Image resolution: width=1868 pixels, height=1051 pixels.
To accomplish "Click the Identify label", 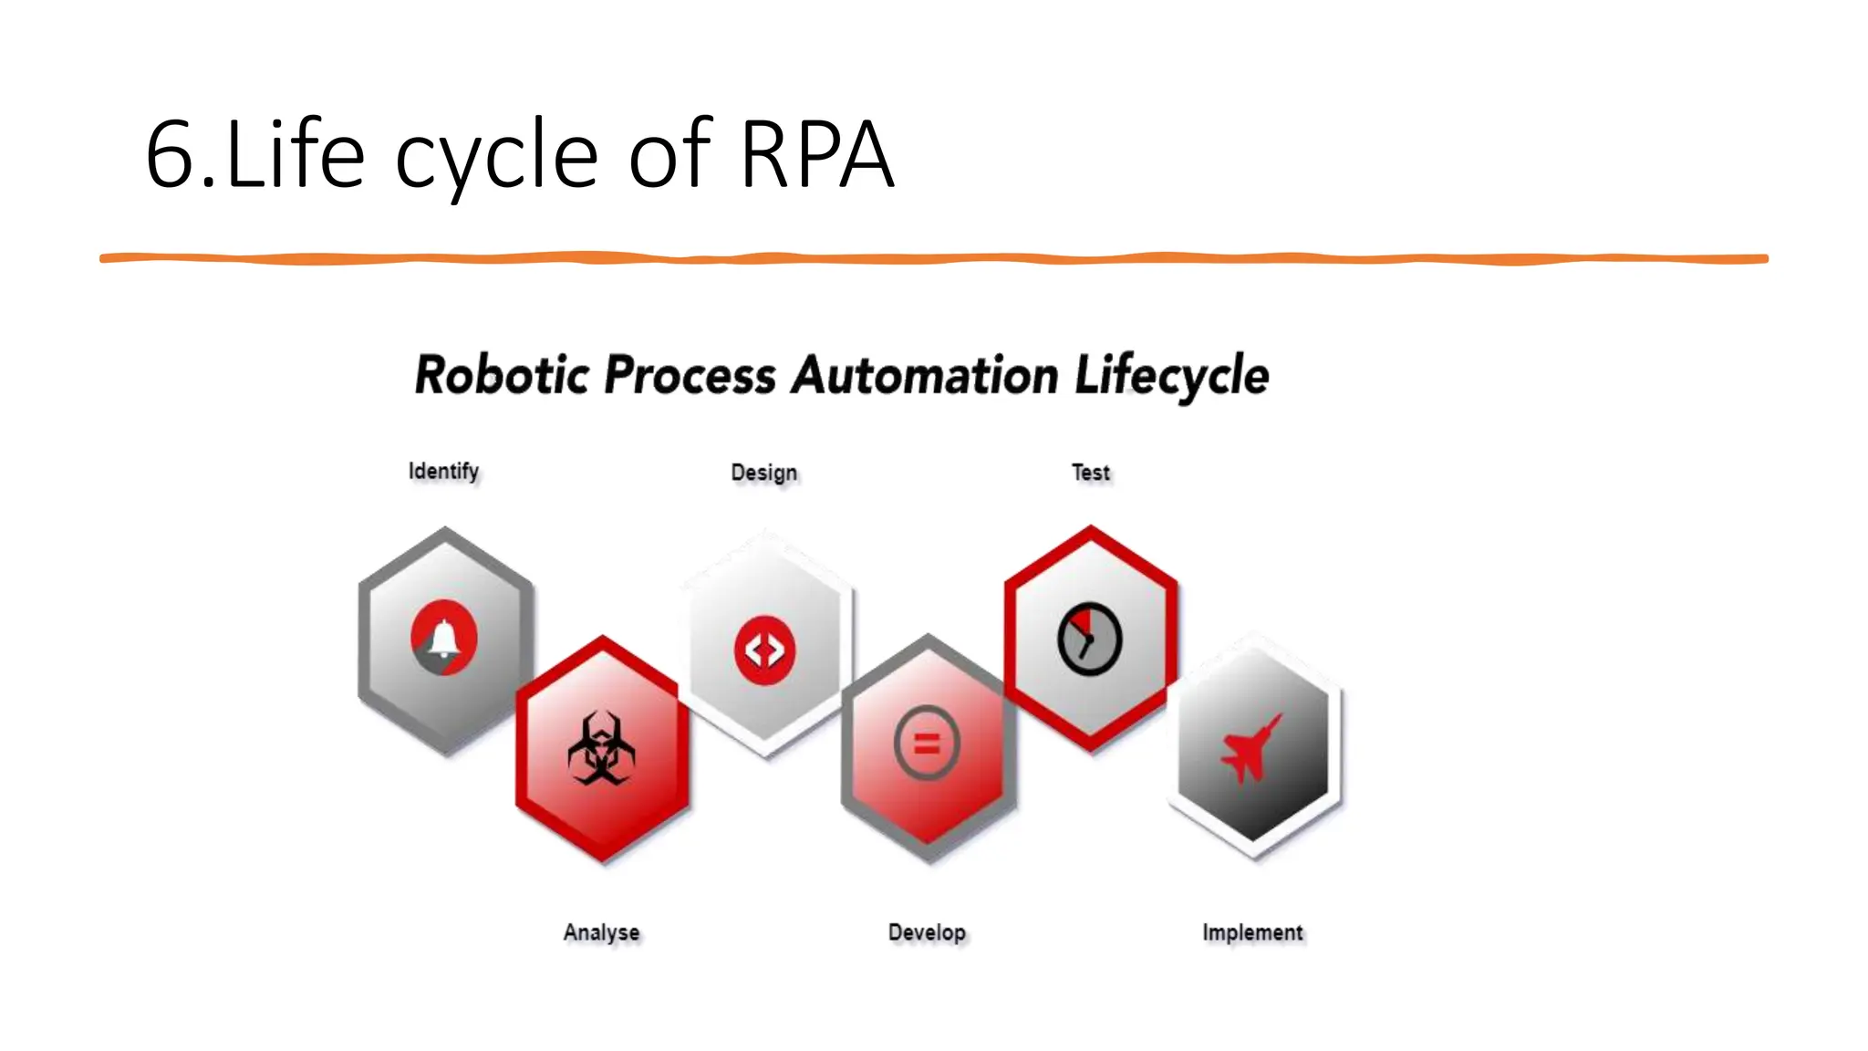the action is pos(443,471).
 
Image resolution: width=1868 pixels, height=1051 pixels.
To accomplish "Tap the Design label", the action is pos(764,473).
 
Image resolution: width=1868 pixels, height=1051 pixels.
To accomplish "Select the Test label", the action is pos(1090,473).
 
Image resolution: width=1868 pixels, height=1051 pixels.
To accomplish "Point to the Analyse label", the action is pos(601,932).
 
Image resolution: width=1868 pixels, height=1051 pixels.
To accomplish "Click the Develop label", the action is pos(927,932).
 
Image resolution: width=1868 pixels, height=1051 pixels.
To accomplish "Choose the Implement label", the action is pos(1252,932).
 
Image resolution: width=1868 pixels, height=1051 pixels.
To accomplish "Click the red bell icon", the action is pos(444,638).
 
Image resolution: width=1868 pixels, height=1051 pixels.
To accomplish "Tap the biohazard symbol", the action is pos(601,749).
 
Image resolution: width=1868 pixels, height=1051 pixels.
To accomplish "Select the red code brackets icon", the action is pos(764,650).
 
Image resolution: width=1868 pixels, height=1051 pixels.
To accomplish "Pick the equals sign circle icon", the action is pos(927,744).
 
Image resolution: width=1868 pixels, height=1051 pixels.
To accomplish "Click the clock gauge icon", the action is pos(1089,639).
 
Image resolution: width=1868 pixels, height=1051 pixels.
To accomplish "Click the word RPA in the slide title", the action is pos(816,155).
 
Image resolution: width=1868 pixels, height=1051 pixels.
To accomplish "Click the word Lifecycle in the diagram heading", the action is pos(1172,375).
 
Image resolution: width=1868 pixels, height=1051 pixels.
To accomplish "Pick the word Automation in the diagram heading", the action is pos(924,375).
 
